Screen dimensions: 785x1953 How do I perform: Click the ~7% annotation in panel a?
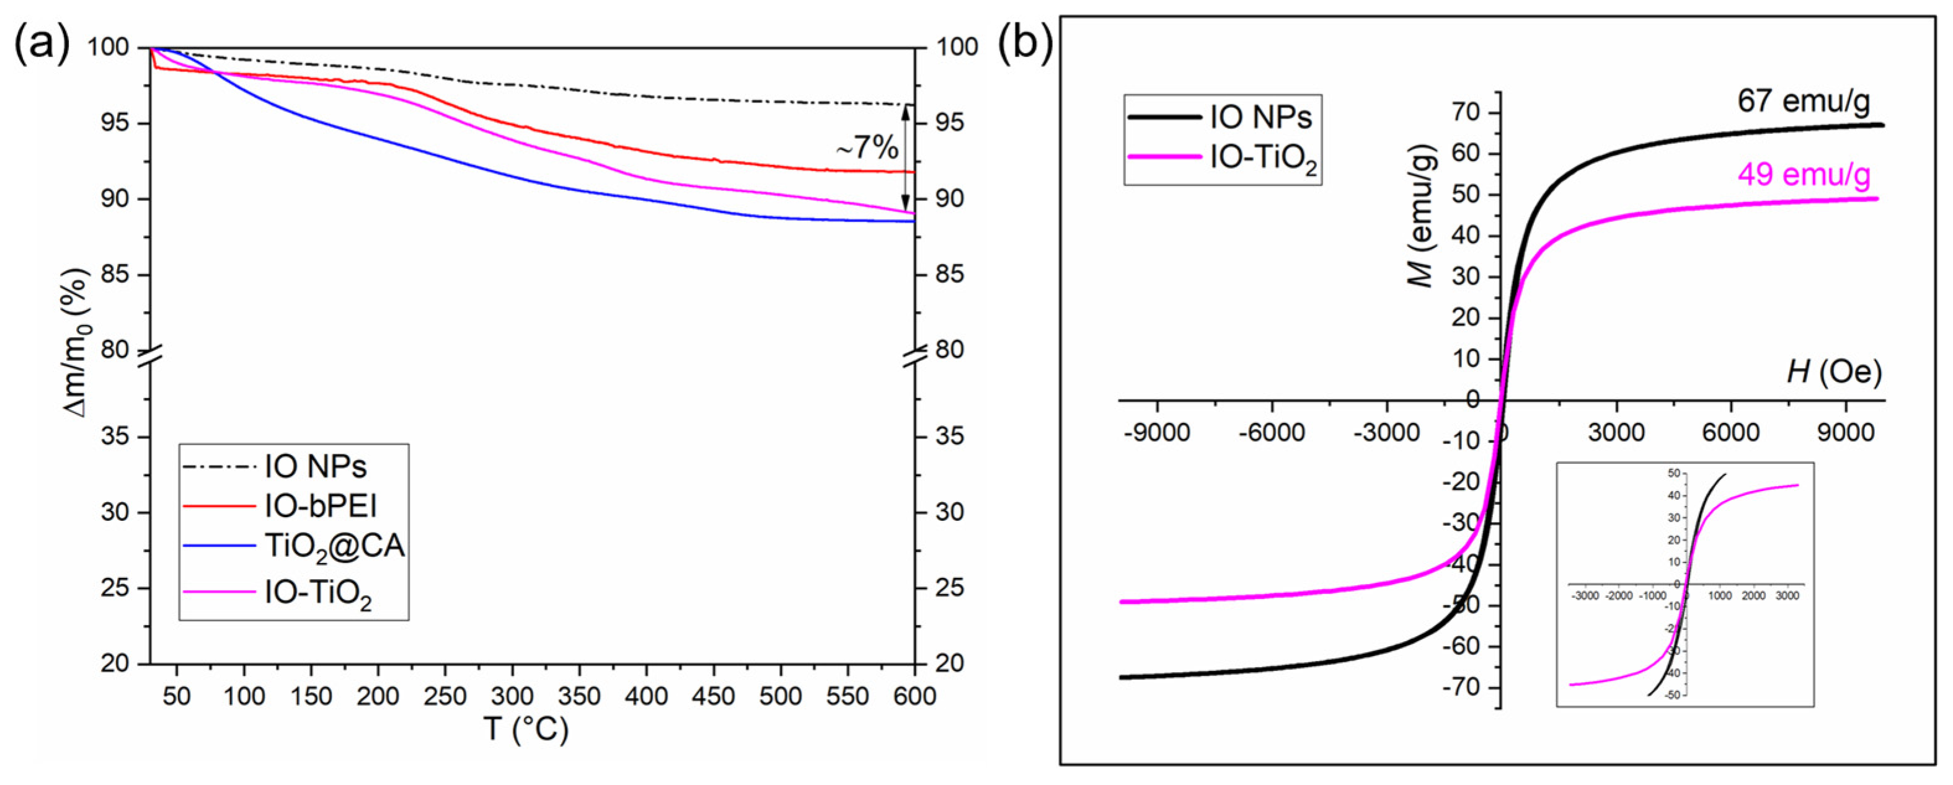[867, 148]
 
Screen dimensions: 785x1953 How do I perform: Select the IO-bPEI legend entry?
[320, 506]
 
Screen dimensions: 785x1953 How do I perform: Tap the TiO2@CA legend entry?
[334, 547]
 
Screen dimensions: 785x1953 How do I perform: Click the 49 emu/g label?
[1804, 175]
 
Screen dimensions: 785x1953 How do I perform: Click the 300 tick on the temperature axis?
[513, 696]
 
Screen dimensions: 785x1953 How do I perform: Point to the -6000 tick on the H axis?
[1272, 432]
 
